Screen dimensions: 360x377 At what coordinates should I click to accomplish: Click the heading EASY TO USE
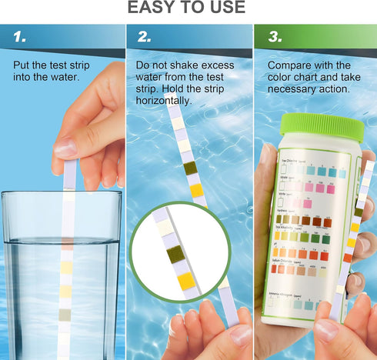188,8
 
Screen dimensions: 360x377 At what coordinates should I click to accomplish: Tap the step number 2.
145,36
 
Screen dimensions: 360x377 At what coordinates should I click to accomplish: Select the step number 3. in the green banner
275,36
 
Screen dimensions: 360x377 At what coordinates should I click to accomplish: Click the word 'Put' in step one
23,65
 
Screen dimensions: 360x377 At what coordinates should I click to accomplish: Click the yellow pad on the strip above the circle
196,189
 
